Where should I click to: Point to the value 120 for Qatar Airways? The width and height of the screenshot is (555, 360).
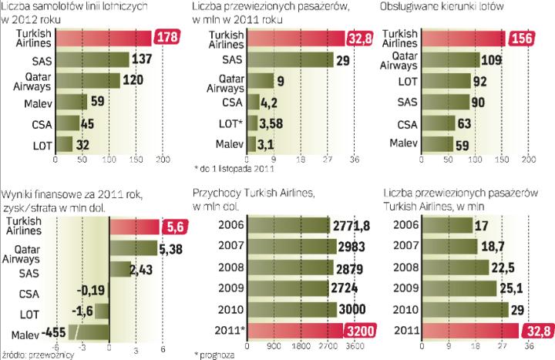tap(133, 80)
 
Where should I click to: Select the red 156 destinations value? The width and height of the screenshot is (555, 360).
tap(525, 38)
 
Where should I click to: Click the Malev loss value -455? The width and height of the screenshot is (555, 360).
tap(52, 332)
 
